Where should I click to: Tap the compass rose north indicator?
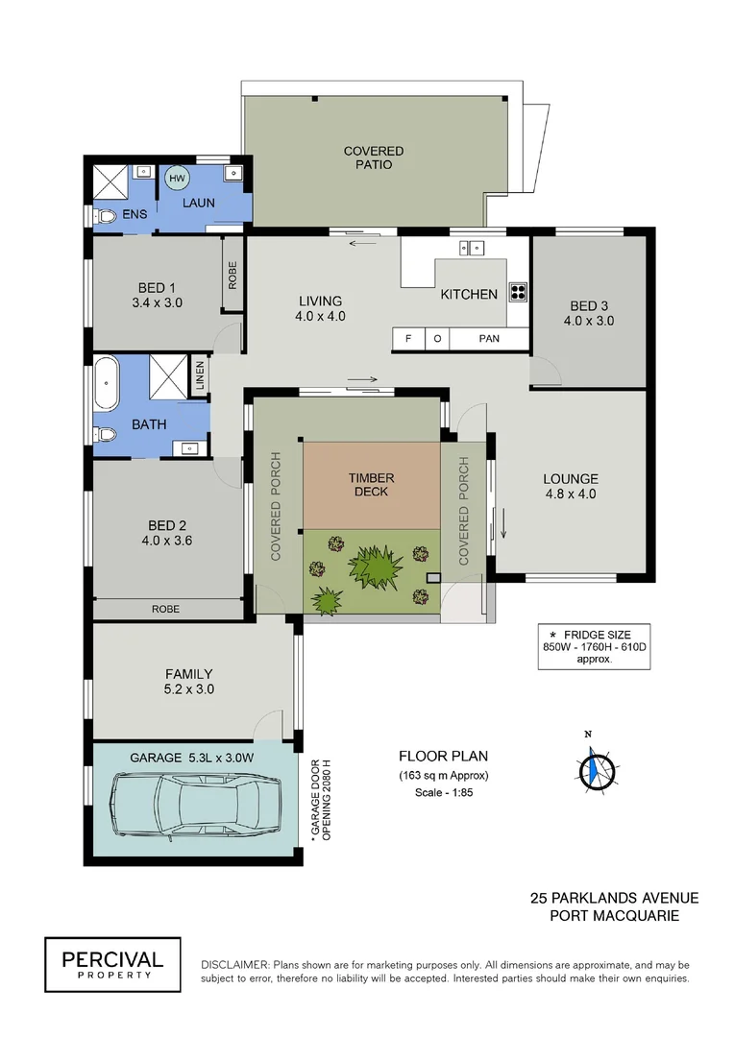[x=598, y=768]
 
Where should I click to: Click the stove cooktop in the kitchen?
[x=518, y=293]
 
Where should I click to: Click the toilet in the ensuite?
[x=105, y=216]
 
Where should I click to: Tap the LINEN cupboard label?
[x=200, y=375]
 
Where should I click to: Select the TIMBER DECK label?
[x=371, y=485]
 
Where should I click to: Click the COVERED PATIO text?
[x=374, y=157]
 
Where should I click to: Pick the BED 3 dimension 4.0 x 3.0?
[x=590, y=321]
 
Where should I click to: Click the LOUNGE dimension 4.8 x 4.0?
[x=571, y=494]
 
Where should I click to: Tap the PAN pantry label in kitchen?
[x=489, y=339]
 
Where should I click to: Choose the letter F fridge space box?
[x=408, y=339]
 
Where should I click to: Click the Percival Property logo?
[x=112, y=963]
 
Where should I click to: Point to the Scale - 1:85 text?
[x=444, y=792]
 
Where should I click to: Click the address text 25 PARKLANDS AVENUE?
[x=614, y=898]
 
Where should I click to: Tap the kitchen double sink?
[x=472, y=249]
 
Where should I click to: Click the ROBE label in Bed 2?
[x=167, y=608]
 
